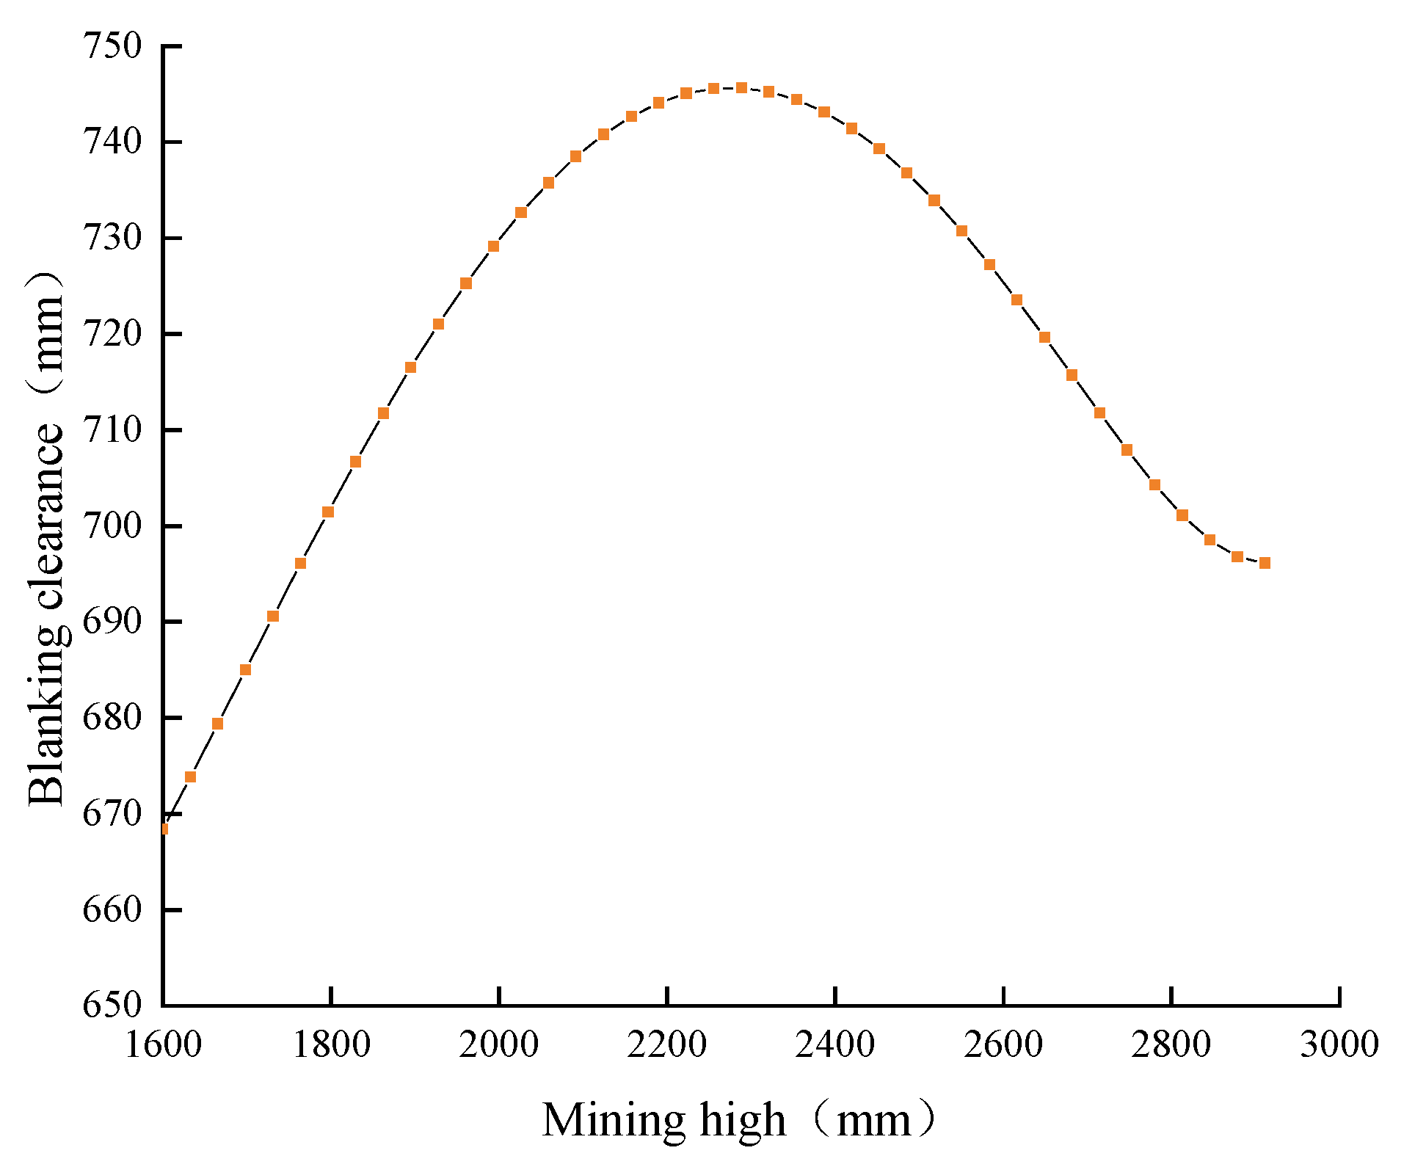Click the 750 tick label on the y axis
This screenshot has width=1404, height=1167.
click(x=111, y=46)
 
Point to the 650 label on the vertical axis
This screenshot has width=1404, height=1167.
click(x=111, y=1005)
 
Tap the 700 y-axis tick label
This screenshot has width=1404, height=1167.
click(x=111, y=526)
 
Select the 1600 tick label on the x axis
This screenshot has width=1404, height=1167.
click(x=163, y=1044)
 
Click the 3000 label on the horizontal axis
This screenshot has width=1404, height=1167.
click(x=1339, y=1044)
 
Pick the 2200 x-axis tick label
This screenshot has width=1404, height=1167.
click(x=666, y=1044)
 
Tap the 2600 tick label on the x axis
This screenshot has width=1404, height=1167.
click(x=1003, y=1044)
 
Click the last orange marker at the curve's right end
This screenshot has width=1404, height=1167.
click(x=1265, y=563)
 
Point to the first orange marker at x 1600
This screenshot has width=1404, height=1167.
click(x=164, y=829)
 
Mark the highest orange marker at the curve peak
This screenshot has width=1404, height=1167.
click(x=741, y=88)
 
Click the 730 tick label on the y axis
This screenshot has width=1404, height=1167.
click(x=111, y=238)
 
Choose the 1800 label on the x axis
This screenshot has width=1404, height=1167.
click(x=331, y=1044)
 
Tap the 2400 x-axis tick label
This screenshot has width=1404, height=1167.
click(x=834, y=1044)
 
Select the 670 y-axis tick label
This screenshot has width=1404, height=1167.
click(x=111, y=813)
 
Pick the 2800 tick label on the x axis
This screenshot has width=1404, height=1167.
click(x=1171, y=1044)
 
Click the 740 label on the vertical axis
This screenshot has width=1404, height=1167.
click(x=111, y=141)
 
